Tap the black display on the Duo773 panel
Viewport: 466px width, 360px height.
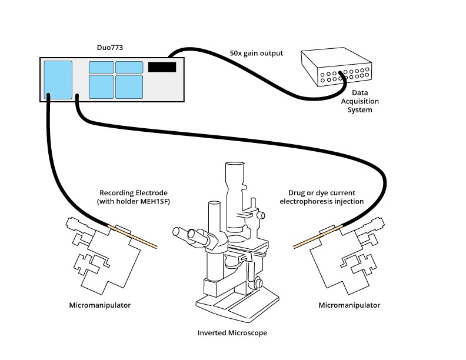pos(162,66)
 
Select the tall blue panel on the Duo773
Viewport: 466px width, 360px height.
pos(58,79)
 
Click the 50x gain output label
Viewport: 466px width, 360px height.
pos(256,53)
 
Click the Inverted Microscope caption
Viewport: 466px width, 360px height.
pos(232,333)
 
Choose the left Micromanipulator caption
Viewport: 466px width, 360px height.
pos(100,305)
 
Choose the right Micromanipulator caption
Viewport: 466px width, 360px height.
pos(349,305)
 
